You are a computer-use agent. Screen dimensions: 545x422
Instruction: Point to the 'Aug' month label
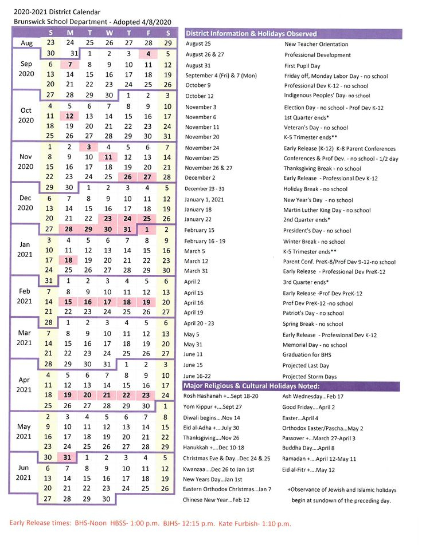click(26, 44)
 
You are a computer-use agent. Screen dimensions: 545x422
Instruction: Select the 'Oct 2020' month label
click(26, 116)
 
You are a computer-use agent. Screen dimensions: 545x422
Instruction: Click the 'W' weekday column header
click(109, 33)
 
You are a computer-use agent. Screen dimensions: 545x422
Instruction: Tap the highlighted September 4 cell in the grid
click(148, 54)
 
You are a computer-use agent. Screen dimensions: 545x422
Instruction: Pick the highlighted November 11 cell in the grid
click(109, 157)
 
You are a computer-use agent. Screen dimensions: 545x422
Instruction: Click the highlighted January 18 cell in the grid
click(69, 260)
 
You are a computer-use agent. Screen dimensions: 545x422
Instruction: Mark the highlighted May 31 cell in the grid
click(69, 457)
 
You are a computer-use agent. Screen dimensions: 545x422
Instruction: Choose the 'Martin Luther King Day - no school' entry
click(327, 210)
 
